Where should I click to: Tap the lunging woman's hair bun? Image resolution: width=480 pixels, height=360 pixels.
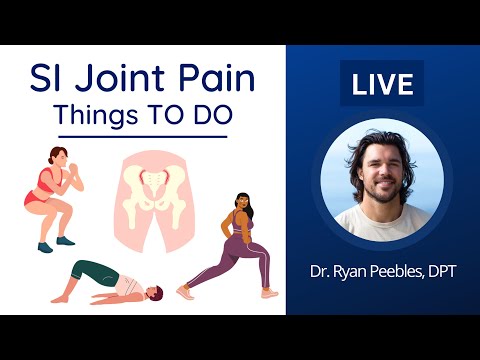pyautogui.click(x=241, y=198)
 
